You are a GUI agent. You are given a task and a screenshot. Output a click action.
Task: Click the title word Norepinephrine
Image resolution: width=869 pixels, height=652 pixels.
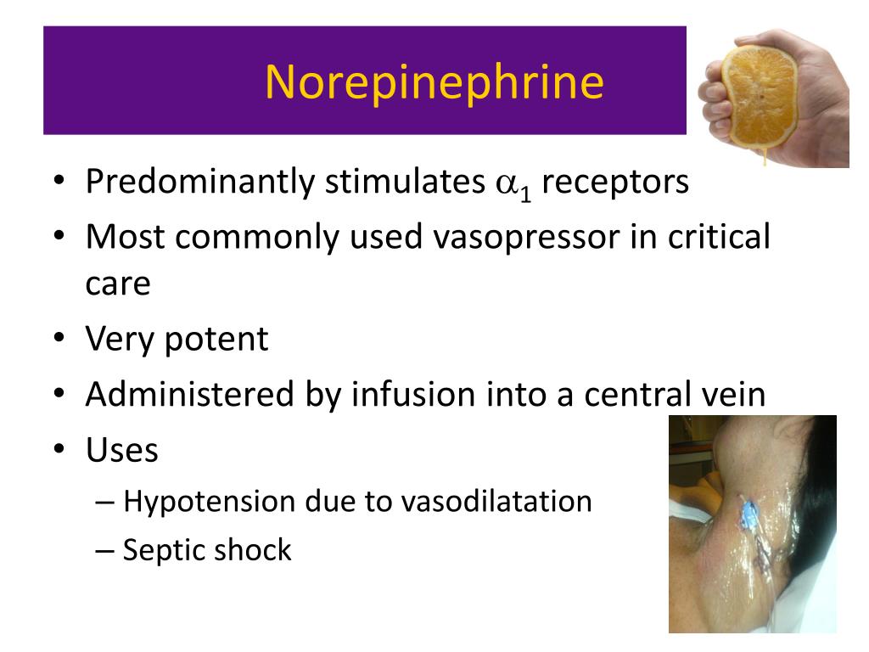tap(434, 82)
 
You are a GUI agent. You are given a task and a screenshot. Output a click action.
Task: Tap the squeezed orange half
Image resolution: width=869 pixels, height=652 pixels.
tap(761, 98)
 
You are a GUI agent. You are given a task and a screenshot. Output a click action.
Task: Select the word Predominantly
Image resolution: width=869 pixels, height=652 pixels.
tap(200, 182)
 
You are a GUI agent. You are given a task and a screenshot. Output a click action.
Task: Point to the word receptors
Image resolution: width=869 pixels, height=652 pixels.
tap(615, 183)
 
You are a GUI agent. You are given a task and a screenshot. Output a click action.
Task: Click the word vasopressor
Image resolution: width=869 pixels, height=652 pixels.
tap(526, 238)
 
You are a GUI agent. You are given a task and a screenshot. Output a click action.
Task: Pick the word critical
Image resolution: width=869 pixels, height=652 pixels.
tap(719, 236)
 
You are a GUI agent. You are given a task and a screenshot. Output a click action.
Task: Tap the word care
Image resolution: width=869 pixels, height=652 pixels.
tap(117, 285)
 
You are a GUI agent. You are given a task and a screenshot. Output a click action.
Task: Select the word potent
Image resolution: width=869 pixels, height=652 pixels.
tap(216, 340)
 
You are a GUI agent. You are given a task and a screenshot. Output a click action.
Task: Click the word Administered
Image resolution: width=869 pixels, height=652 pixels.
tap(189, 394)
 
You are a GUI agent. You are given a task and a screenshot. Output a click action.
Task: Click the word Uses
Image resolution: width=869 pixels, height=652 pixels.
tap(122, 450)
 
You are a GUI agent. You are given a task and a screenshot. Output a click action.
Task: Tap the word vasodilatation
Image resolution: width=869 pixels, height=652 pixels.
tap(496, 501)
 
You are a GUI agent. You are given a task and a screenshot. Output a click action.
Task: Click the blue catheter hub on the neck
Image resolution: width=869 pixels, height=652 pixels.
tap(748, 510)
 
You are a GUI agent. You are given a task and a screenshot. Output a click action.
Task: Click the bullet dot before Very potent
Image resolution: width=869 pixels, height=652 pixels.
tap(59, 338)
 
